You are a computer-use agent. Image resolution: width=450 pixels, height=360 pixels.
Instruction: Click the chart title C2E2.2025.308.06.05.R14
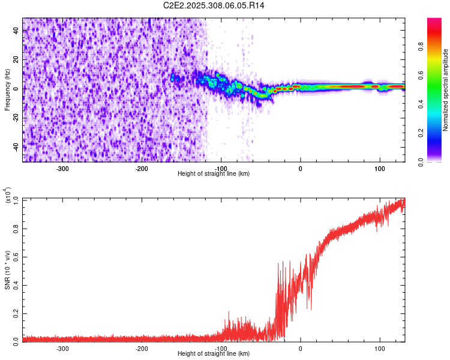pos(214,5)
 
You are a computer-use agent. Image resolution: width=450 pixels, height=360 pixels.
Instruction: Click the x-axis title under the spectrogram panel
pos(214,173)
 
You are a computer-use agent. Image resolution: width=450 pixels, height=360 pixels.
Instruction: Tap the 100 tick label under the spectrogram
pos(379,168)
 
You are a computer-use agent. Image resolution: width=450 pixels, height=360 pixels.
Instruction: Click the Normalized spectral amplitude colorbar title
pos(445,90)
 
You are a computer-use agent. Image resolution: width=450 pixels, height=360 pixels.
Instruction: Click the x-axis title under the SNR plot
pos(214,354)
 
